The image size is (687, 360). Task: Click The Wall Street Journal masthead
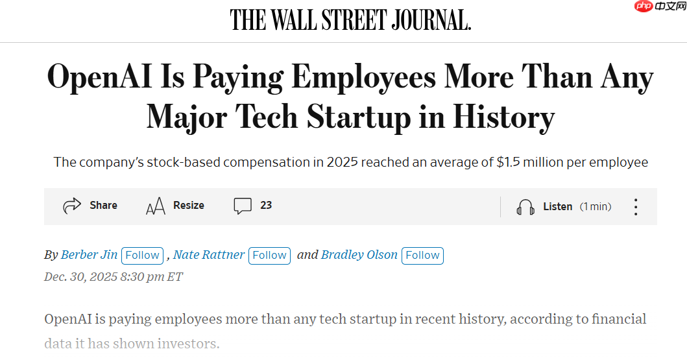tap(350, 21)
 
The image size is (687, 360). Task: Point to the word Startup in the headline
tap(358, 117)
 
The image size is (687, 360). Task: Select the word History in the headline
tap(503, 117)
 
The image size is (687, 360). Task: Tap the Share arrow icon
tap(71, 206)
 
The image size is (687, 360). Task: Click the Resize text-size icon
tap(155, 206)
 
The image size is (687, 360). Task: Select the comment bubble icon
tap(243, 206)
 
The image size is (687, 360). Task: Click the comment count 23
tap(266, 206)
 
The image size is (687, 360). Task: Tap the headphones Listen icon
tap(525, 207)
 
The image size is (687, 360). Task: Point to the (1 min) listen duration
tap(596, 207)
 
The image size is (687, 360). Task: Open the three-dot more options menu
tap(636, 207)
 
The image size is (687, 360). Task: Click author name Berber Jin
tap(89, 255)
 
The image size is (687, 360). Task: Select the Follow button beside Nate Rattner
tap(269, 256)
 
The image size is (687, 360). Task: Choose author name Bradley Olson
tap(359, 255)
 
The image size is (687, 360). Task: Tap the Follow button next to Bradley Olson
tap(422, 256)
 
